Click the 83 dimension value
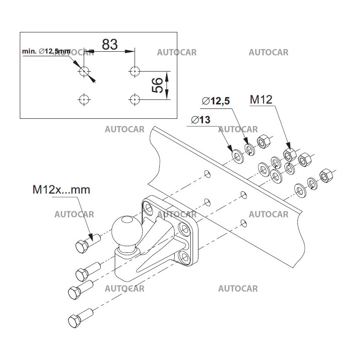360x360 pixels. pos(109,44)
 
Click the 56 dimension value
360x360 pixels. pos(157,85)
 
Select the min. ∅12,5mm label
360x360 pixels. pos(46,52)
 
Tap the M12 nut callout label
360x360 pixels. pos(261,99)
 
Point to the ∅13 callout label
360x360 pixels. pos(201,120)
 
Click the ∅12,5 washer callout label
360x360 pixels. pos(216,101)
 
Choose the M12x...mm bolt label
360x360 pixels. pos(61,189)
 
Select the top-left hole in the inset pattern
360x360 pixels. pos(84,71)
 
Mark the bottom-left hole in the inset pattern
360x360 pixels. pos(84,99)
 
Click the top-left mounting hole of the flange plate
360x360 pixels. pos(148,207)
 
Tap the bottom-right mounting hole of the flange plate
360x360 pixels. pos(185,257)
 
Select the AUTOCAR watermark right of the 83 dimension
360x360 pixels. pos(177,53)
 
